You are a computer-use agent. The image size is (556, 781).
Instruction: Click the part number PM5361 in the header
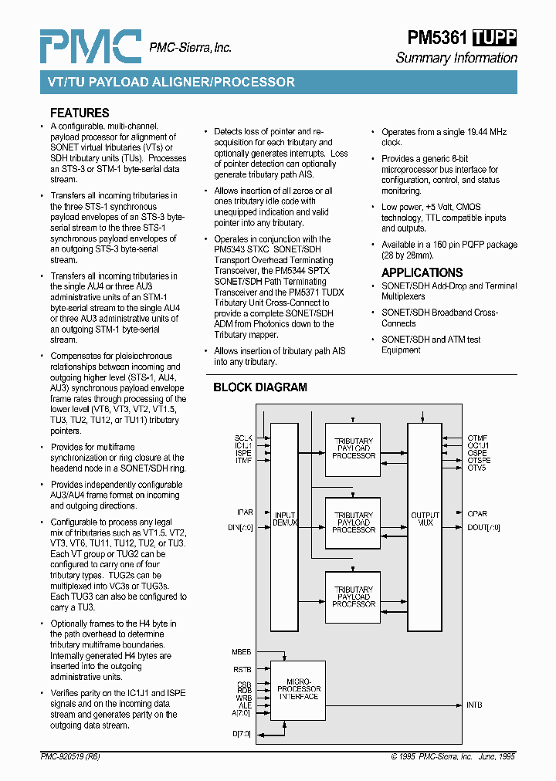[437, 38]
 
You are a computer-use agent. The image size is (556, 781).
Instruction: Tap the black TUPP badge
[494, 38]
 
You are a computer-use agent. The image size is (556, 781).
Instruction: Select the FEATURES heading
[80, 113]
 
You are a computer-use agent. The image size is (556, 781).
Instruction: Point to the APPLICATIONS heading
[422, 272]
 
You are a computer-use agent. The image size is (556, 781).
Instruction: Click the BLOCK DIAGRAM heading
[260, 387]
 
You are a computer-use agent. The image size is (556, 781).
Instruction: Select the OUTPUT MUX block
[425, 519]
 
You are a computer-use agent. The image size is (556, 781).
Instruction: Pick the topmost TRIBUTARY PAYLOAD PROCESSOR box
[353, 448]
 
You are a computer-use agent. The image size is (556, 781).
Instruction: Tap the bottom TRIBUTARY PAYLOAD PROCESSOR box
[353, 597]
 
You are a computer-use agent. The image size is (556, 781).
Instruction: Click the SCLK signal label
[243, 438]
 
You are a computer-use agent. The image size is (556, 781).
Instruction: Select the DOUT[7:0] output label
[483, 527]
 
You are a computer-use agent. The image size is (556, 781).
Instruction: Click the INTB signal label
[475, 705]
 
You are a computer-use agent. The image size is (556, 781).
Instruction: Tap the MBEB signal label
[242, 652]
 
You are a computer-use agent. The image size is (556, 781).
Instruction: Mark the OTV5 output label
[476, 468]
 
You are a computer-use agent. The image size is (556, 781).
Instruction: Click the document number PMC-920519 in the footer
[69, 757]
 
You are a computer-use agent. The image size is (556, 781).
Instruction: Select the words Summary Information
[456, 58]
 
